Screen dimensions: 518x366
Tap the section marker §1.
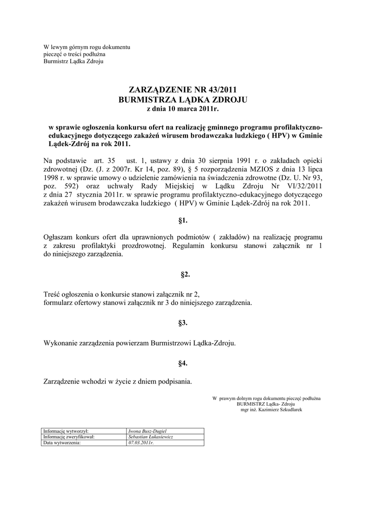click(183, 220)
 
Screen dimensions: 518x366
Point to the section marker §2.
click(183, 274)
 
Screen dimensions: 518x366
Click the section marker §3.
click(183, 322)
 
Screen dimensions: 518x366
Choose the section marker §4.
click(183, 363)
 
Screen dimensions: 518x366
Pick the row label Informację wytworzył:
click(66, 431)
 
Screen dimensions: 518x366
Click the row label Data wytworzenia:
click(62, 442)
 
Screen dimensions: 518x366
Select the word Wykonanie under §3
click(61, 342)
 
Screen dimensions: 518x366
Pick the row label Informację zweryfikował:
click(69, 437)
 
